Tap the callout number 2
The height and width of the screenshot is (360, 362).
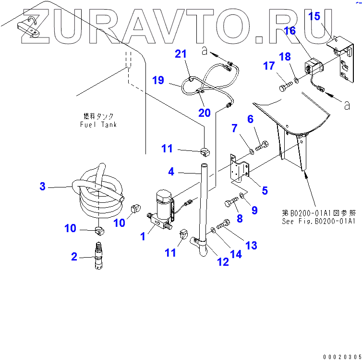tap(74, 257)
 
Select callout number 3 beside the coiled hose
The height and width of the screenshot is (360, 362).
tap(42, 186)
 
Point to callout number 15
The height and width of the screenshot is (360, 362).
tap(314, 17)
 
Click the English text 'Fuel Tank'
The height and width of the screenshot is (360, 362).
tap(98, 124)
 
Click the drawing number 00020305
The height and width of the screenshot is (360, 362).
tap(342, 356)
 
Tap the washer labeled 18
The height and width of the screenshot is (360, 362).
tap(297, 79)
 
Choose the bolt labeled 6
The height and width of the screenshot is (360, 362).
tap(262, 143)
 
